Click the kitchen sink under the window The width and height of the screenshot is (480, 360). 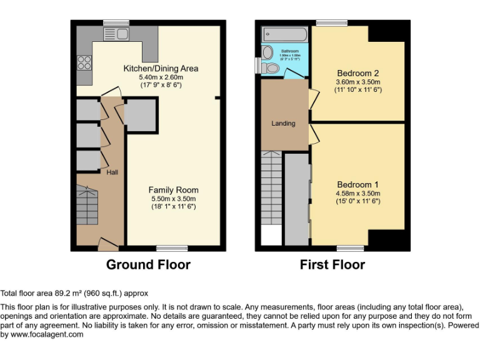116,34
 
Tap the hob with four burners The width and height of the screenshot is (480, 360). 83,62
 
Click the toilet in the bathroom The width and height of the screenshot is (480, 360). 271,67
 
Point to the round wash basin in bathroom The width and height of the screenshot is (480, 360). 268,52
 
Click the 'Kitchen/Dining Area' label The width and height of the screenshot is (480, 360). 161,68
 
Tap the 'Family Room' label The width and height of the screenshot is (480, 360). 173,190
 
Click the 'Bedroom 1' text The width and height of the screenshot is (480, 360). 358,184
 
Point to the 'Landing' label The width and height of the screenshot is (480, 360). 283,123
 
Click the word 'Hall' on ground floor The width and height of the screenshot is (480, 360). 112,172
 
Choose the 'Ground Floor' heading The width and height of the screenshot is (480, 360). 148,264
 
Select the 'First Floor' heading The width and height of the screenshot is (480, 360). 332,264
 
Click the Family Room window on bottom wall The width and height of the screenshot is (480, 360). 172,248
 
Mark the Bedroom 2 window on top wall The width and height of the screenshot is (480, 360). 331,23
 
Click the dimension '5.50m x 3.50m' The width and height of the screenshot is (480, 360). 173,199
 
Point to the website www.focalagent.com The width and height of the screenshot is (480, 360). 47,334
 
